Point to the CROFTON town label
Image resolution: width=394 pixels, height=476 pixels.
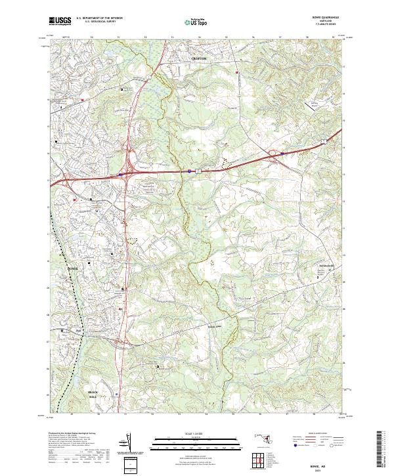[x=198, y=58]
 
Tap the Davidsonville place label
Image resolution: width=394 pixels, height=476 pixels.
[x=326, y=265]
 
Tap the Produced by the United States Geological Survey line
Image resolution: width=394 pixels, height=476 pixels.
[x=74, y=434]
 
